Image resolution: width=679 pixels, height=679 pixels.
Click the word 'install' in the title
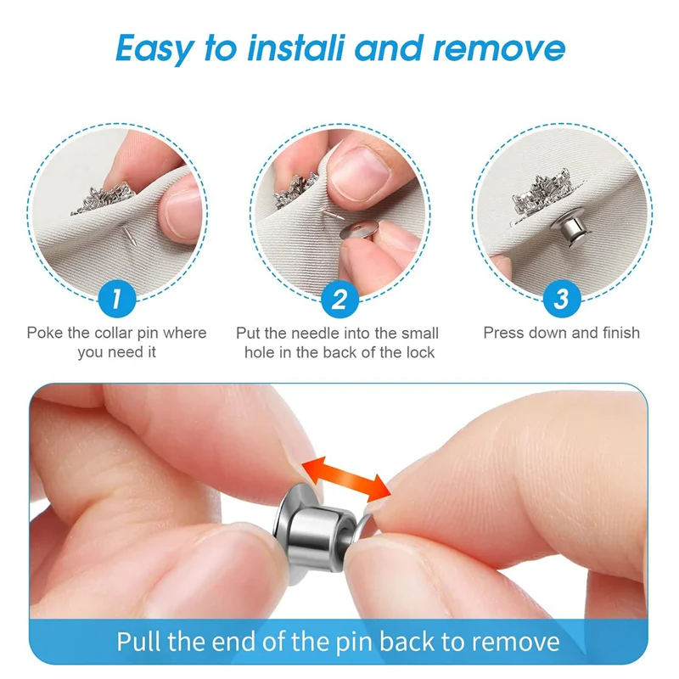(294, 49)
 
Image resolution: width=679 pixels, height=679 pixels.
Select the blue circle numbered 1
(116, 299)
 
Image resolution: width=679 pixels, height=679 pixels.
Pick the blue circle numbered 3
(561, 299)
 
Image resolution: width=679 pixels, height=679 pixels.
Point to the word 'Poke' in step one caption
(45, 333)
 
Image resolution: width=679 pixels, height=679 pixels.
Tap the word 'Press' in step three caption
(505, 333)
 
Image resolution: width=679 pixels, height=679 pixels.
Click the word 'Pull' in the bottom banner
(142, 641)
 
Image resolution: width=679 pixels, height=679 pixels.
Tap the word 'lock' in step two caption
(418, 351)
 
